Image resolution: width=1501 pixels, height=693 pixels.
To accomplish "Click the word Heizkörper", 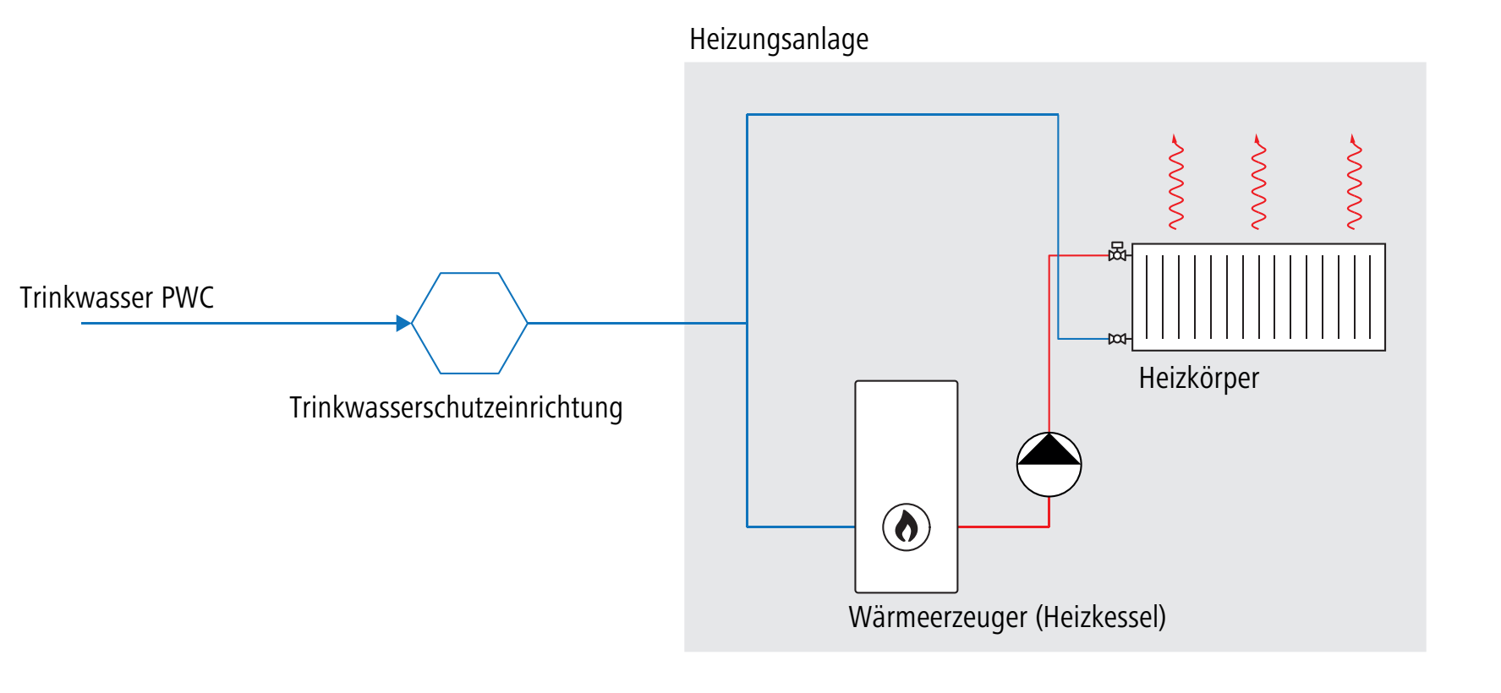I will click(1198, 378).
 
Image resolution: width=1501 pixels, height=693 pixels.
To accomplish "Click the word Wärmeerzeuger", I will click(937, 617).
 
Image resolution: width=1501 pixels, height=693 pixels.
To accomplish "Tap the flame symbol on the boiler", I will click(907, 527).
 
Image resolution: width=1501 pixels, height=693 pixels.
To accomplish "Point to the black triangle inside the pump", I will click(1049, 451).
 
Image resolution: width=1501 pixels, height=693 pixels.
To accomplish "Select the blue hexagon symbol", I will click(469, 323).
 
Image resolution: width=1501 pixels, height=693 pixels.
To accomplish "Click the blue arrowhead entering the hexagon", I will click(403, 323).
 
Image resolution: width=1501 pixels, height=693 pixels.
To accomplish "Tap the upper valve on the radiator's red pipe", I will click(1117, 252).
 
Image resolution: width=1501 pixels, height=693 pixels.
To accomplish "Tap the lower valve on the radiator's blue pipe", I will click(1117, 339).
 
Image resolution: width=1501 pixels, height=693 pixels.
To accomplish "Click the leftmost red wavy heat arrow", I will click(1175, 182).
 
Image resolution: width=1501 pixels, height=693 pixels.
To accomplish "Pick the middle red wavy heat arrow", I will click(1258, 182).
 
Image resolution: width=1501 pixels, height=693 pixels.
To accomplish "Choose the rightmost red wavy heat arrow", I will click(1354, 182).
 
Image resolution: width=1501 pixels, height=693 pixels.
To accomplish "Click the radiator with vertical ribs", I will click(1258, 297).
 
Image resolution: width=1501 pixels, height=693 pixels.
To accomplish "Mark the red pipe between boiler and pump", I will click(1002, 527).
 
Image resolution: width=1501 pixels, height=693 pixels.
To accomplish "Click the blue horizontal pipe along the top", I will click(902, 114).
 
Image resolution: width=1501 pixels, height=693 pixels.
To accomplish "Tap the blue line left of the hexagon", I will click(237, 323).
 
